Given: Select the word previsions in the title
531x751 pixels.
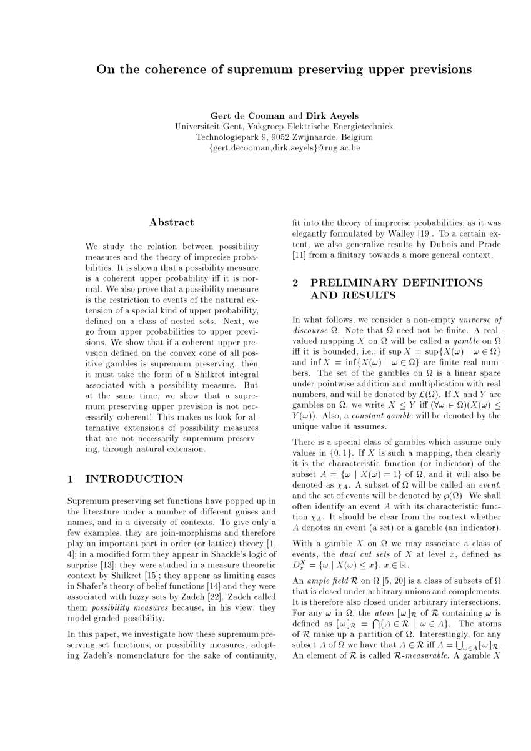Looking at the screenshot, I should (x=439, y=69).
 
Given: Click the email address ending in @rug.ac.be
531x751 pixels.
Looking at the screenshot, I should (x=284, y=148).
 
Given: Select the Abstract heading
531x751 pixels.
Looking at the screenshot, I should (x=172, y=222).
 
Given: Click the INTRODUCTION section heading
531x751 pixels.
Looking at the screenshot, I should (x=134, y=479).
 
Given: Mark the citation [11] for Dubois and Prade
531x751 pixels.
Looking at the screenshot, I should (x=302, y=254).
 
